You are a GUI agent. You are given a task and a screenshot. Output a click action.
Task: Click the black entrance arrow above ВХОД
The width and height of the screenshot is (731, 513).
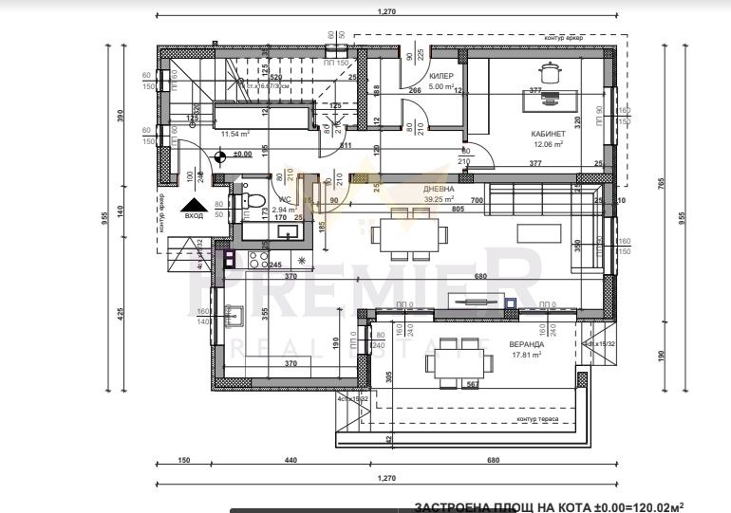click(195, 204)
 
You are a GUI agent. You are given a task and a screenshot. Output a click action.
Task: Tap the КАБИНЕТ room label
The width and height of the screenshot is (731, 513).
click(548, 135)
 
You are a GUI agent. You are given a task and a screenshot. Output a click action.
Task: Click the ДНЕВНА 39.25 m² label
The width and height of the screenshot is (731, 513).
click(439, 194)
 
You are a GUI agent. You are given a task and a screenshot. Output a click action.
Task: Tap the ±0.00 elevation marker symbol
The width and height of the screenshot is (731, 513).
click(220, 157)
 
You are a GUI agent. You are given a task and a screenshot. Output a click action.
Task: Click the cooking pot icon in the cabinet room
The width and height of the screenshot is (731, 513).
click(549, 71)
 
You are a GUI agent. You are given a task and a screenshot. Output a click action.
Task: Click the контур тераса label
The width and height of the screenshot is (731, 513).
click(538, 419)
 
